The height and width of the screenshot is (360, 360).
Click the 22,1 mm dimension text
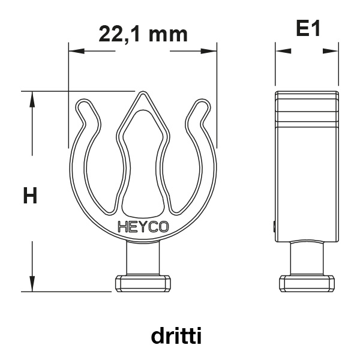143,35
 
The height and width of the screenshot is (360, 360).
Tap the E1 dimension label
308,28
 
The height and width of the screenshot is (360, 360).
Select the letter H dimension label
30,196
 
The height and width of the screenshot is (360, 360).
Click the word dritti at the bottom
176,335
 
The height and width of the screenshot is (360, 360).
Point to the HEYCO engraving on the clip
143,227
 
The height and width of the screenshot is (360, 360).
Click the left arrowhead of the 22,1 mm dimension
76,51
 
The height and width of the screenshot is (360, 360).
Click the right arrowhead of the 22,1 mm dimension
209,51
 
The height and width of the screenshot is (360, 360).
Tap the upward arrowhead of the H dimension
32,99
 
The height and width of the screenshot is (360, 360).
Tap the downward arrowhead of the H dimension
32,284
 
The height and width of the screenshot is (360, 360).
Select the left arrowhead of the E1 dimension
283,51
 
